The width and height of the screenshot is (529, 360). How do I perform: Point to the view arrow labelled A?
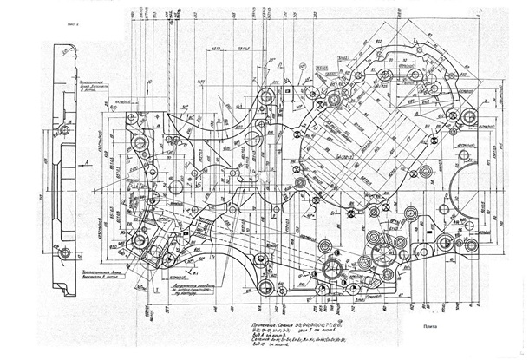(90, 161)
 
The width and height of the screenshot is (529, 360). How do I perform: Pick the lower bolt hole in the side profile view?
(65, 252)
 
